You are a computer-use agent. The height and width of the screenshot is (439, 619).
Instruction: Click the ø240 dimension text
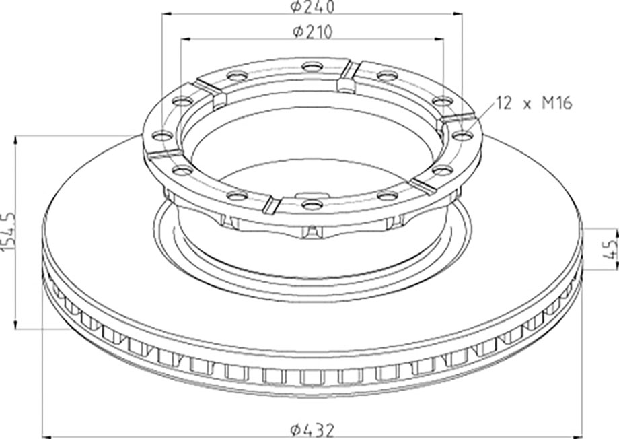click(x=312, y=7)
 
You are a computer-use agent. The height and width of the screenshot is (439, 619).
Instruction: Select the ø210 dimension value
click(x=312, y=32)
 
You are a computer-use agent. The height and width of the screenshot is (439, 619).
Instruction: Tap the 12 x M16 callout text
click(x=534, y=104)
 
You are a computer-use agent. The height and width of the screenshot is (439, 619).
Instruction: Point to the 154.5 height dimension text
click(x=8, y=231)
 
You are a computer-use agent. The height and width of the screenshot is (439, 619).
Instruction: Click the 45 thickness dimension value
click(x=611, y=249)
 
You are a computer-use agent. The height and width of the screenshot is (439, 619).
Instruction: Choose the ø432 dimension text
click(x=312, y=429)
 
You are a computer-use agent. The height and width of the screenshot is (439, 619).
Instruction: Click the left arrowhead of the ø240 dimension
click(x=167, y=14)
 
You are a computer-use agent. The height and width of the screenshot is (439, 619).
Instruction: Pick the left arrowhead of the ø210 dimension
click(x=186, y=39)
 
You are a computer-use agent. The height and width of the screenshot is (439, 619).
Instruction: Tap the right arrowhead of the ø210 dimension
click(x=439, y=39)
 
